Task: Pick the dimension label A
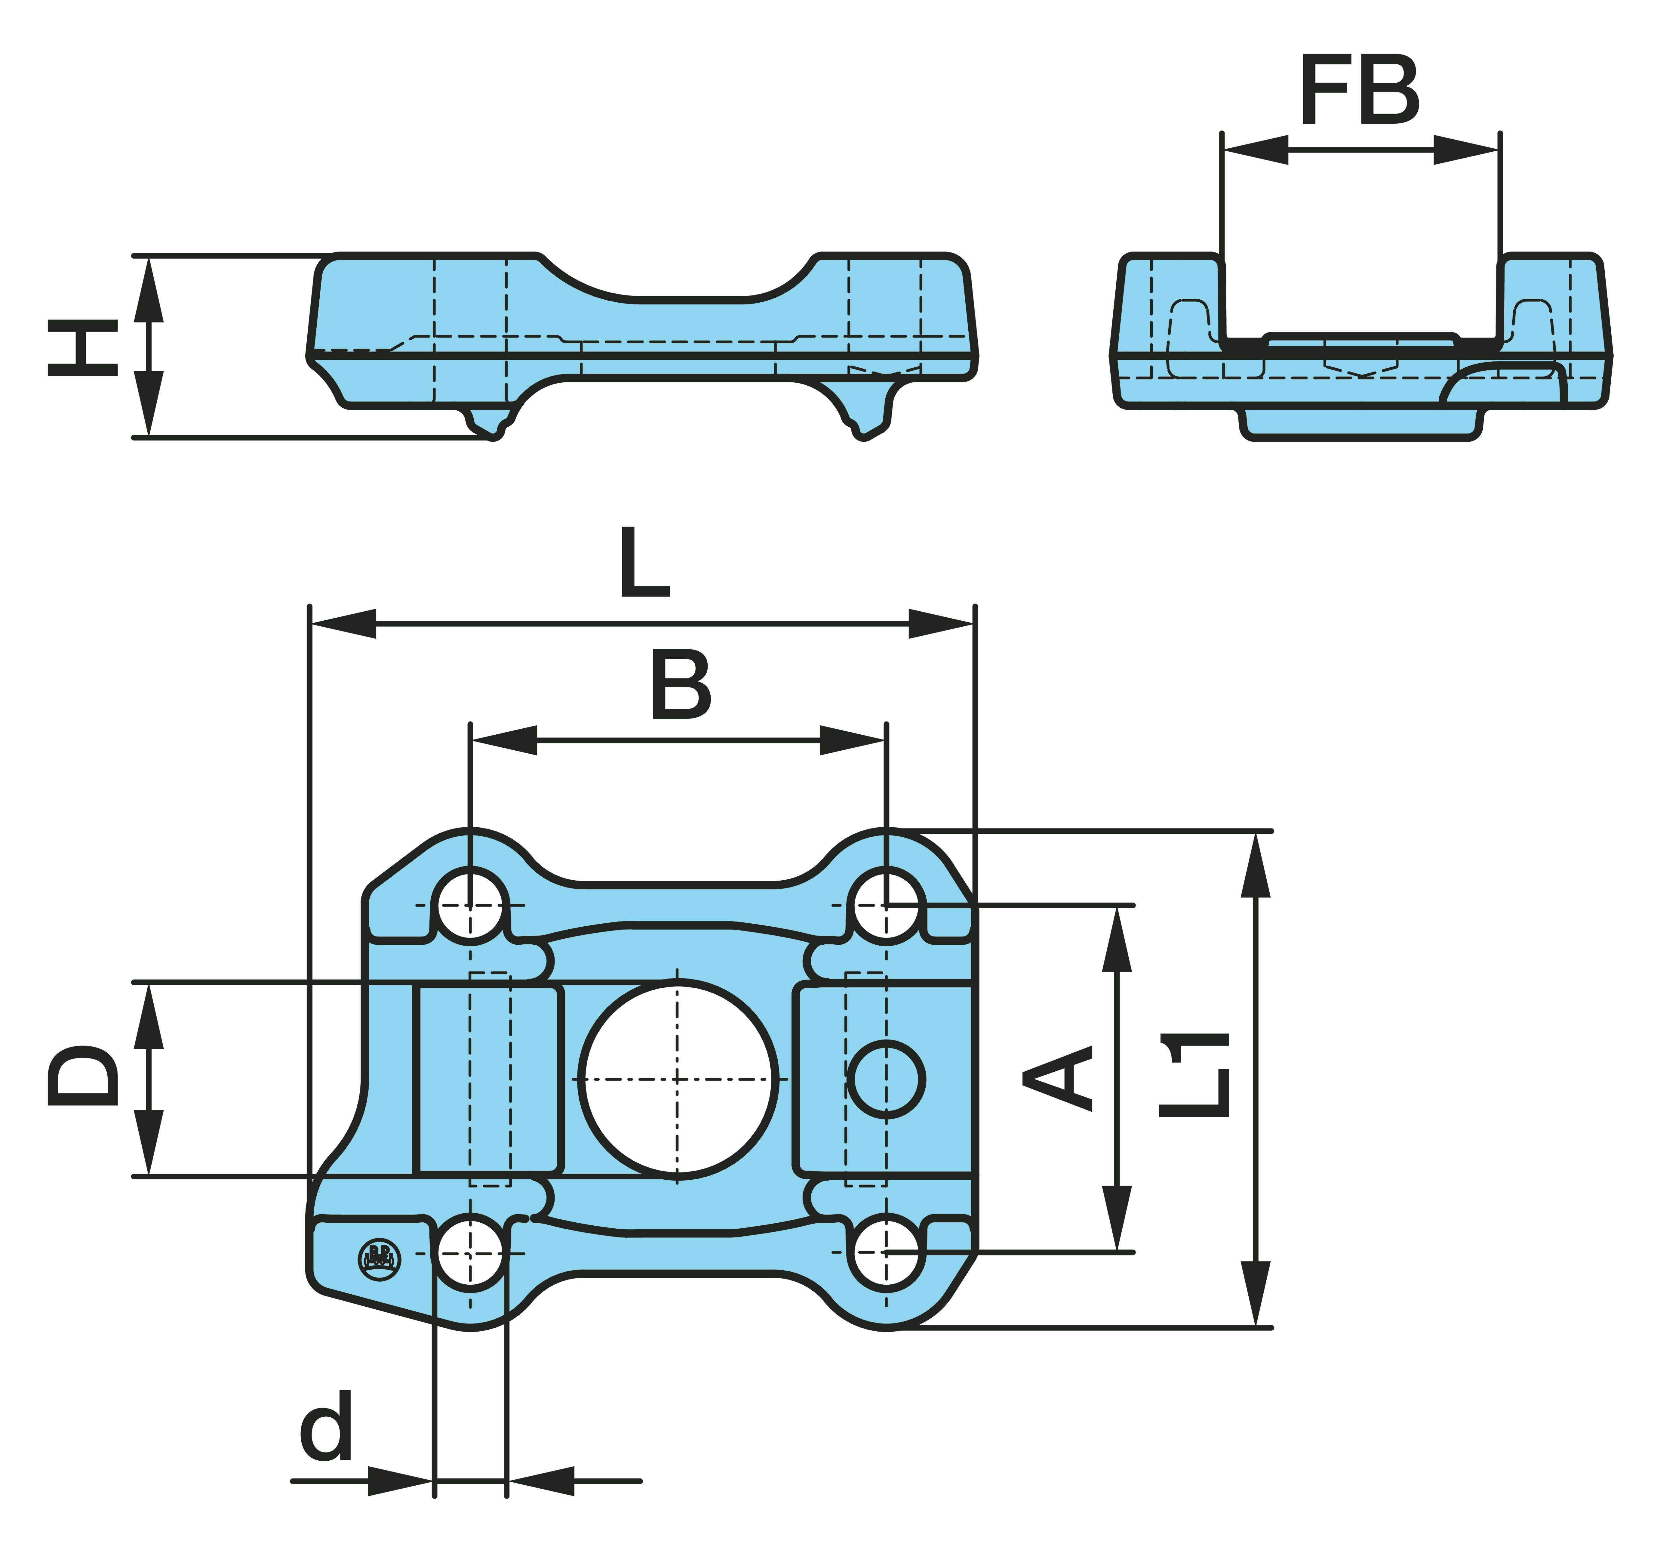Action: click(x=1058, y=1079)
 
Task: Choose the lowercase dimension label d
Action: click(x=327, y=1425)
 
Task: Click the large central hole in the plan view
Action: click(x=678, y=1079)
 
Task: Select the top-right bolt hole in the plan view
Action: click(x=887, y=905)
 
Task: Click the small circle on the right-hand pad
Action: click(x=887, y=1079)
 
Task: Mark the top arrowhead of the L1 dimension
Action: click(x=1256, y=866)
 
